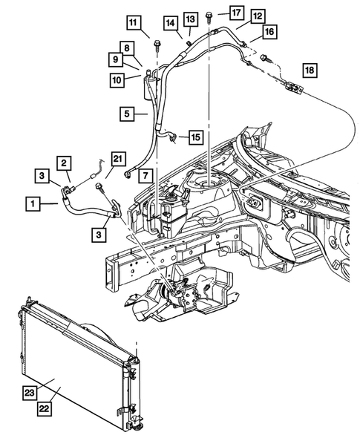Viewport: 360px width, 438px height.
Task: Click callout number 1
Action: tap(33, 201)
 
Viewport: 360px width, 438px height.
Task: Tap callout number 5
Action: tap(128, 114)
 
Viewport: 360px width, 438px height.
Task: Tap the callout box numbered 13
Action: tap(190, 18)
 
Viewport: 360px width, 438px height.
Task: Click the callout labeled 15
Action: tap(195, 137)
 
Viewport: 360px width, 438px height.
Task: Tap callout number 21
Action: tap(119, 158)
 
